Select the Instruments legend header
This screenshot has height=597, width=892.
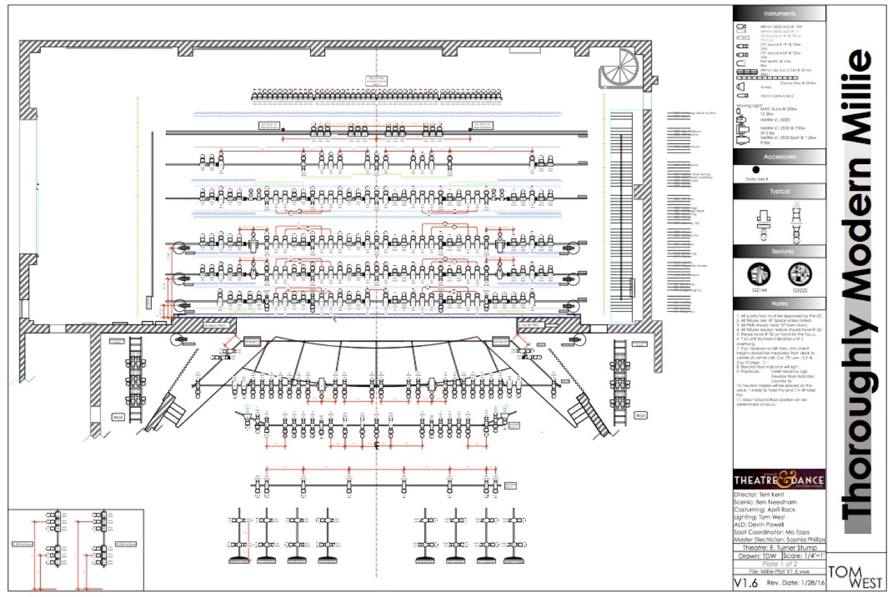coord(779,13)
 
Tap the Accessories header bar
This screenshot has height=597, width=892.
coord(779,157)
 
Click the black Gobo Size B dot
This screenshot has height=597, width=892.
coord(756,170)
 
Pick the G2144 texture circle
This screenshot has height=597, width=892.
coord(759,274)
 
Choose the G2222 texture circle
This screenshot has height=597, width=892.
coord(799,274)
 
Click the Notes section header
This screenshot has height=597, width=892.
coord(779,304)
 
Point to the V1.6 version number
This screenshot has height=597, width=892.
coord(745,583)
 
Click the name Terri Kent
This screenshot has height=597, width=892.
coord(771,494)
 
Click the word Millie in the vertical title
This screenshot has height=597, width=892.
coord(858,98)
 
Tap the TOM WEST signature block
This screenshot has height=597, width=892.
coord(855,577)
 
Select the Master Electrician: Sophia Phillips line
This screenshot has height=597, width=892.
coord(779,540)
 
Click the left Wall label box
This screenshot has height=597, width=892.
coord(118,417)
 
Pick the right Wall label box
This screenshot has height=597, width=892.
coord(640,415)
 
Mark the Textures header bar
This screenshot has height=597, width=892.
coord(779,252)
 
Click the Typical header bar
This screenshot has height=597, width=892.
coord(779,192)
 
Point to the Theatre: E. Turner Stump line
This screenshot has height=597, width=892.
coord(779,548)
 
